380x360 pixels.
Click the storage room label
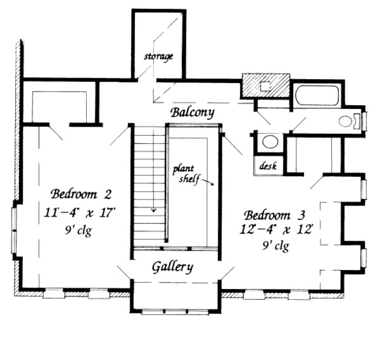159,56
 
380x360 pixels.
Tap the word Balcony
192,113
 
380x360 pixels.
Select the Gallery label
172,267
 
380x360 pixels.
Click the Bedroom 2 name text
75,194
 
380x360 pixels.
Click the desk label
268,166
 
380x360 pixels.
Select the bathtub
317,95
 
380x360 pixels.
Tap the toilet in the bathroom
350,121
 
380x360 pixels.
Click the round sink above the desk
267,142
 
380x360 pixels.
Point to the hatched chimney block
266,85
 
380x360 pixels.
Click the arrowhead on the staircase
154,210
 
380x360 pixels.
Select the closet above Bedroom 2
60,106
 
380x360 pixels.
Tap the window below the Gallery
175,312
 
